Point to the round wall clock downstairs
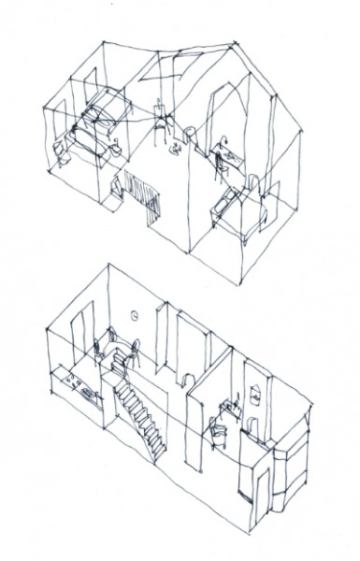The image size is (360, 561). coord(137,315)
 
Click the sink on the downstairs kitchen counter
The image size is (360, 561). coord(90,396)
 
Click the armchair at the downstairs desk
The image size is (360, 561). coord(217,431)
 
